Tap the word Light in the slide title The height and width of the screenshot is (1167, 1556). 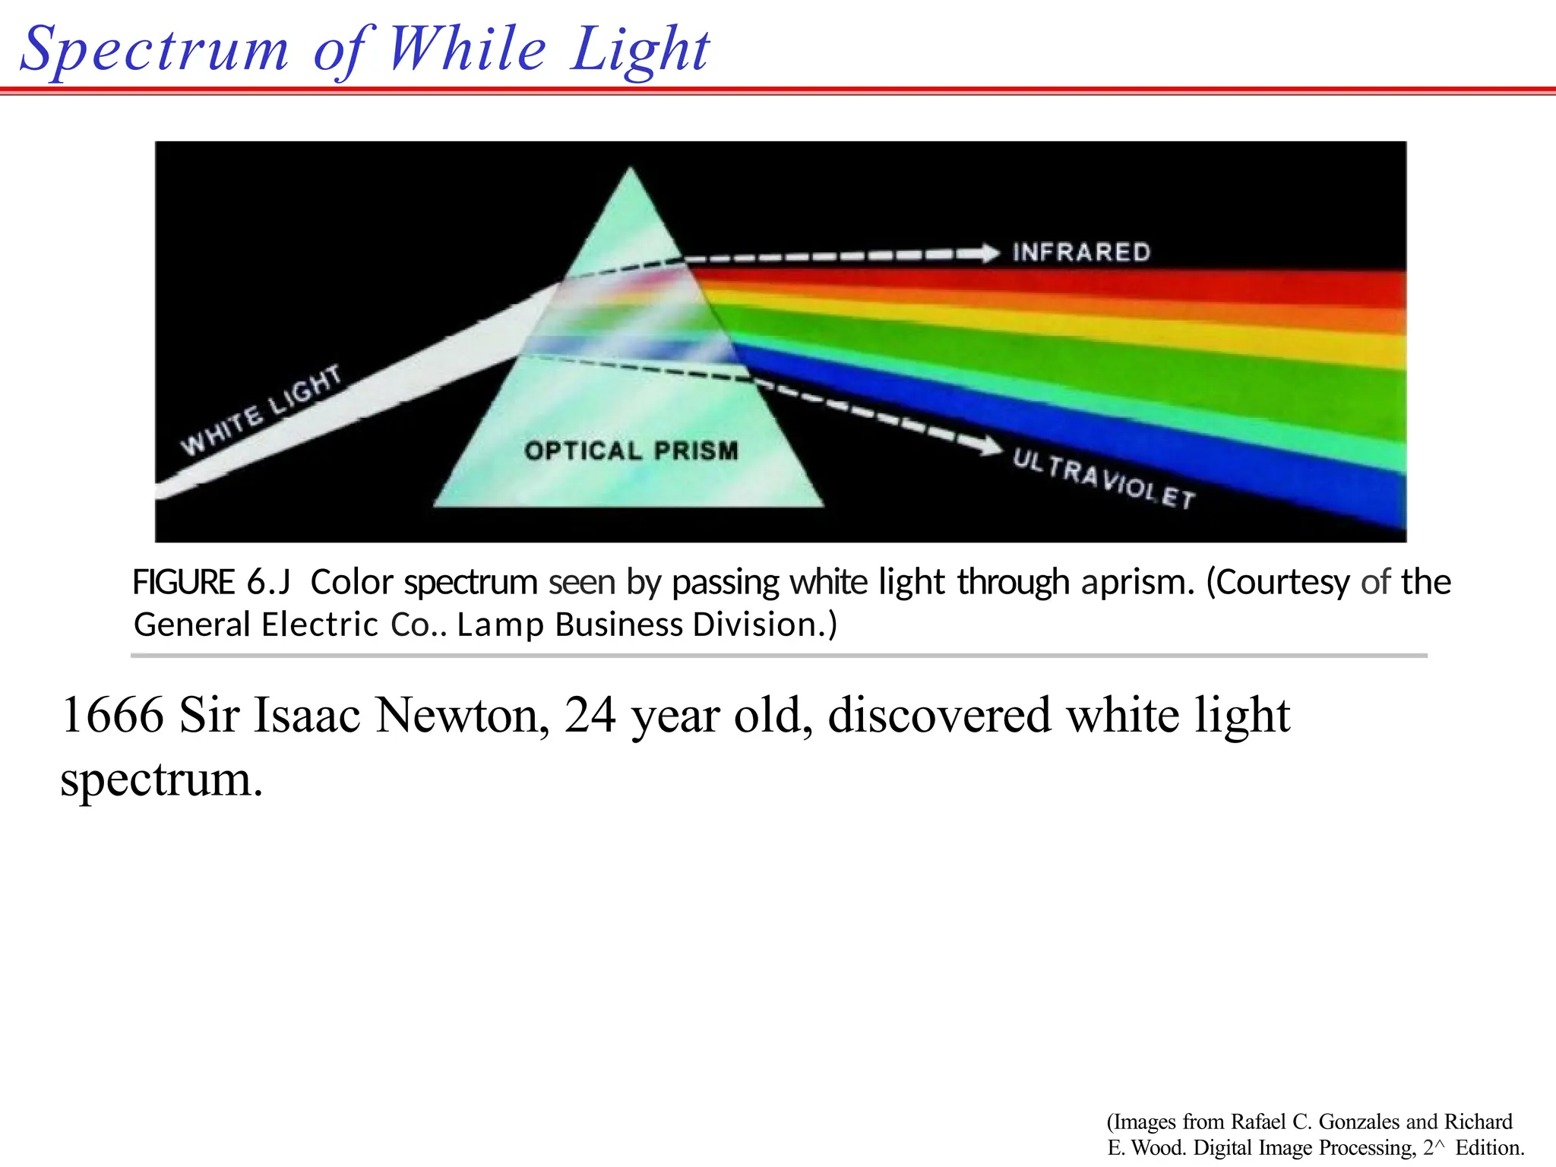pos(639,50)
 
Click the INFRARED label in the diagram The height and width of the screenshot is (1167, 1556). pos(1081,252)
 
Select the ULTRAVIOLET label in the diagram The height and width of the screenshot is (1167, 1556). pos(1104,478)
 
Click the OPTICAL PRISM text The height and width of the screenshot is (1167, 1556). pos(631,451)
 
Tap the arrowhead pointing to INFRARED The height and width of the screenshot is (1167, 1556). pos(988,253)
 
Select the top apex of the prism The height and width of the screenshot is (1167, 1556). pos(631,171)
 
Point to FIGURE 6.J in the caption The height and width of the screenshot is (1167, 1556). pos(211,583)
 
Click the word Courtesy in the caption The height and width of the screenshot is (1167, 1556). pos(1278,583)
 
